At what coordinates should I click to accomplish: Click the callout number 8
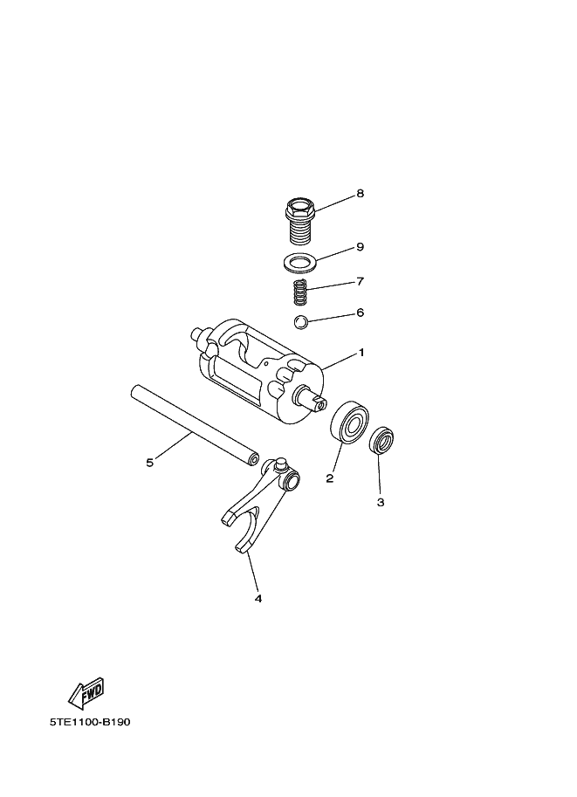(x=360, y=194)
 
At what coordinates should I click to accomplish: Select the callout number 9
(x=360, y=247)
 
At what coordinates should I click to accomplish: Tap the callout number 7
(x=360, y=282)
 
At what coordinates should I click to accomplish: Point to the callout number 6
(x=360, y=313)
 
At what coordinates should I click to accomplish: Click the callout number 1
(x=361, y=353)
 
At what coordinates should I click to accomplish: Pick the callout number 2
(x=329, y=478)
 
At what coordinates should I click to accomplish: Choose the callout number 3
(x=381, y=502)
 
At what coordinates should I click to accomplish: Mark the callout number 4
(x=258, y=599)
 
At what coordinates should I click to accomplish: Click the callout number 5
(x=149, y=463)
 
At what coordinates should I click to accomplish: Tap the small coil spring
(x=300, y=292)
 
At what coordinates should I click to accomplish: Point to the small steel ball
(x=301, y=322)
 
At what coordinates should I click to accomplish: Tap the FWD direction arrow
(x=86, y=693)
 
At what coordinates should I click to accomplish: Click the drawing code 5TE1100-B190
(x=90, y=722)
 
